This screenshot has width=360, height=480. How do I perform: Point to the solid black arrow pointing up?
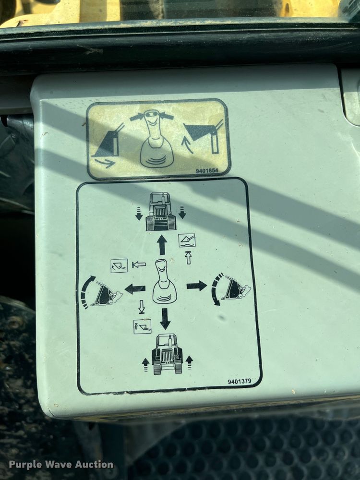[x=162, y=245]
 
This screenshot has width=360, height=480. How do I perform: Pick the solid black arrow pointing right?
[x=197, y=286]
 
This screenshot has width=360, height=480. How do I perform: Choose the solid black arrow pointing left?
[x=135, y=288]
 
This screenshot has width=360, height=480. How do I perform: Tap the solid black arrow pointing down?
[x=165, y=318]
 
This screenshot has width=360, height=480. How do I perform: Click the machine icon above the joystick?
[x=161, y=211]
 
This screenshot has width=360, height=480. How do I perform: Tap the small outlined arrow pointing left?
[x=139, y=264]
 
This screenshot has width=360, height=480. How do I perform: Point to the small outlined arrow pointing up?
[x=188, y=258]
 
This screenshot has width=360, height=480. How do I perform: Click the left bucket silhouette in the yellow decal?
[x=108, y=141]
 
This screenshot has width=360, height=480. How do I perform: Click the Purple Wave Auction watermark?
[x=61, y=465]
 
